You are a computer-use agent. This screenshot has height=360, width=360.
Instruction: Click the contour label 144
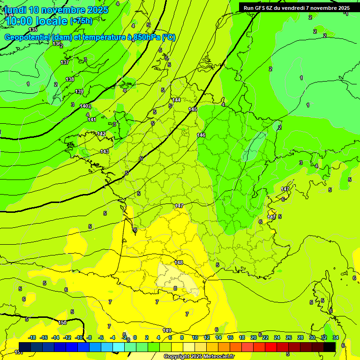176,100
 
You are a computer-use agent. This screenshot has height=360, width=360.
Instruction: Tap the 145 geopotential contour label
193,109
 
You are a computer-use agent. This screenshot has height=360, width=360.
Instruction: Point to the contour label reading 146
201,135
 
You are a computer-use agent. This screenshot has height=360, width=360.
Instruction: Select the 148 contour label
179,262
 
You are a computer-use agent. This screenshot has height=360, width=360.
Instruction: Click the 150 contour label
62,322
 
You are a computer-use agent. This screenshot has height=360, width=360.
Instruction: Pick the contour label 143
105,151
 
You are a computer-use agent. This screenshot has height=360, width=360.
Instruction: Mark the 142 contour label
101,134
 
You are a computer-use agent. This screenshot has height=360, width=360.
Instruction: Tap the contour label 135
33,30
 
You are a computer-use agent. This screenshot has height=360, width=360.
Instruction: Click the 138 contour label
70,79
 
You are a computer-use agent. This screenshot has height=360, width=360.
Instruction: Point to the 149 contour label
167,330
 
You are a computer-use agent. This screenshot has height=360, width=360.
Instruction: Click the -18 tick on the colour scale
32,337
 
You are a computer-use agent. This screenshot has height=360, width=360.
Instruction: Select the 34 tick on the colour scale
336,337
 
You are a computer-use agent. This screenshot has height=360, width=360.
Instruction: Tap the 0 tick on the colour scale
135,337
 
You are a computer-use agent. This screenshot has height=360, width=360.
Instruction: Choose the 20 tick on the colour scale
254,337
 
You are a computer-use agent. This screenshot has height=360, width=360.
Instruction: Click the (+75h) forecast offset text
81,21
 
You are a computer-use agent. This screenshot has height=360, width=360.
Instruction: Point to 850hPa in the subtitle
144,37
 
